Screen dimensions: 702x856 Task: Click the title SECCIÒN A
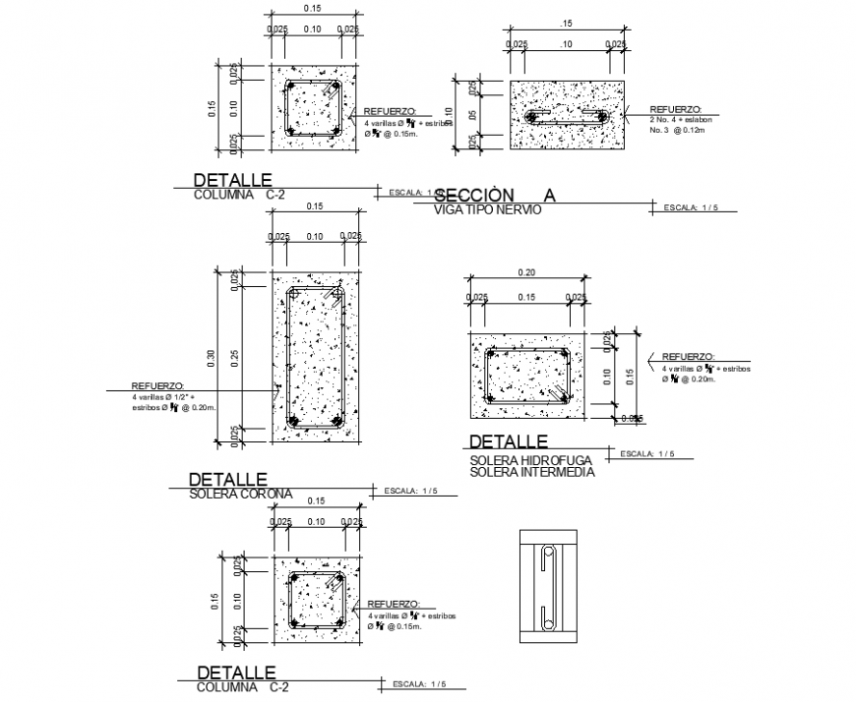point(494,195)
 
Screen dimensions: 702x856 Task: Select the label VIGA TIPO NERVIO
point(487,208)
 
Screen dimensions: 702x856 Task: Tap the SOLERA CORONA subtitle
point(239,493)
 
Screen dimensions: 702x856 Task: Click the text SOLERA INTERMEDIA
point(532,473)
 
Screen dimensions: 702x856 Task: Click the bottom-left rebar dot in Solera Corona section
point(293,421)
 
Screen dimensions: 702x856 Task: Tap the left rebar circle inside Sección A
point(533,118)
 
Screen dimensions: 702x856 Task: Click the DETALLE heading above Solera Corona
point(226,479)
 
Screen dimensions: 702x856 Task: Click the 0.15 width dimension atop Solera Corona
point(314,206)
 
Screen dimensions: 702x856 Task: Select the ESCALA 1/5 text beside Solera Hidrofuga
point(648,453)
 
